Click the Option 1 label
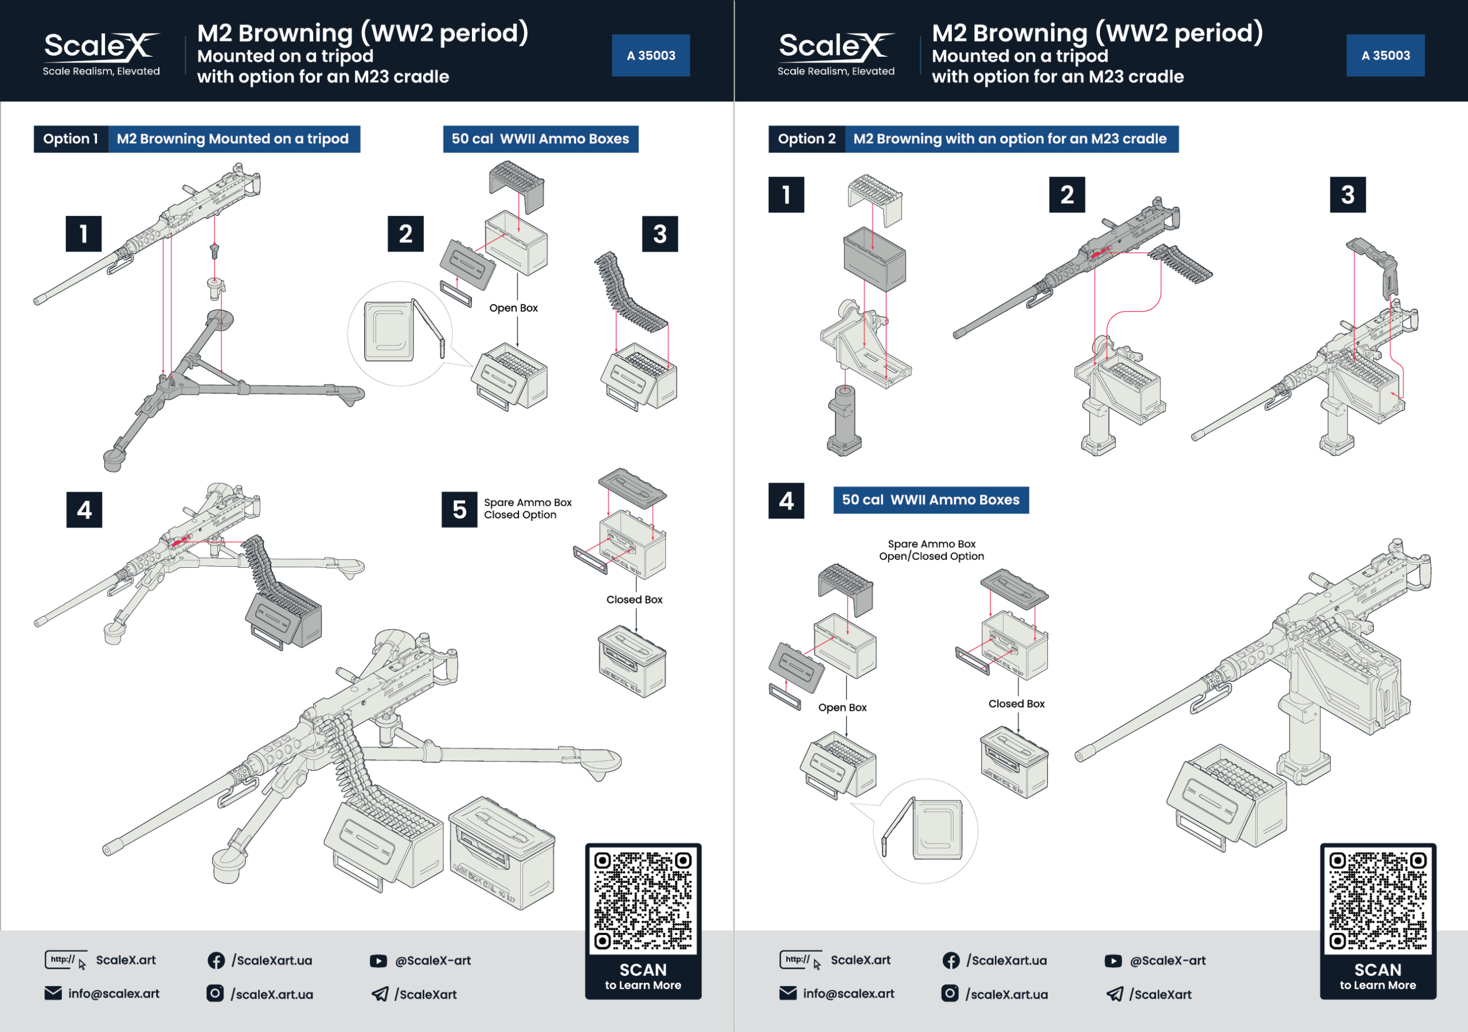click(71, 139)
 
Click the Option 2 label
click(806, 139)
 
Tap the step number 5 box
click(459, 509)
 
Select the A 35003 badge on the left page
click(650, 56)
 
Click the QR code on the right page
click(1377, 900)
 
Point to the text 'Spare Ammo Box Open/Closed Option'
click(931, 550)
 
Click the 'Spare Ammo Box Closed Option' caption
click(528, 509)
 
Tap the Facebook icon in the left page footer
click(216, 960)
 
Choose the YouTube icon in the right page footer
click(1113, 960)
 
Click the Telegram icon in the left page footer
click(380, 994)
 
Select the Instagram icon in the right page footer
click(950, 994)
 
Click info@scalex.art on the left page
click(114, 994)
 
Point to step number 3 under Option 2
click(1347, 195)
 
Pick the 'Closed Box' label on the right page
click(1016, 704)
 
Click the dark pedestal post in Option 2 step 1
click(844, 418)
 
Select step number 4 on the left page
click(84, 509)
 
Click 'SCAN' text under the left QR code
click(643, 970)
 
